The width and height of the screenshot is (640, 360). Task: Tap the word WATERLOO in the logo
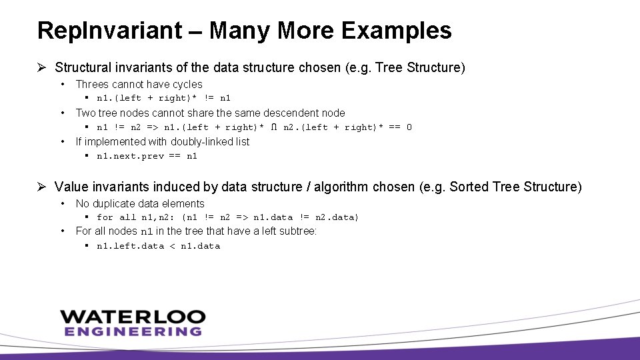pyautogui.click(x=133, y=317)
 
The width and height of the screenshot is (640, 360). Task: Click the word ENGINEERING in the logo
pyautogui.click(x=133, y=331)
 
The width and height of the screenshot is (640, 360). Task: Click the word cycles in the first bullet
pyautogui.click(x=187, y=84)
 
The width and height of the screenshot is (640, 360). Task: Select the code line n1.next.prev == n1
pyautogui.click(x=147, y=156)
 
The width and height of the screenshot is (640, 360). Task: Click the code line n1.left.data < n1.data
pyautogui.click(x=158, y=246)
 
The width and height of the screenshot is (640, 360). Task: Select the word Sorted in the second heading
pyautogui.click(x=469, y=187)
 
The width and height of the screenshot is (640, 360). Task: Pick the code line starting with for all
pyautogui.click(x=227, y=217)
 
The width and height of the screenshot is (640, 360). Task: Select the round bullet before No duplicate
pyautogui.click(x=62, y=203)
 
